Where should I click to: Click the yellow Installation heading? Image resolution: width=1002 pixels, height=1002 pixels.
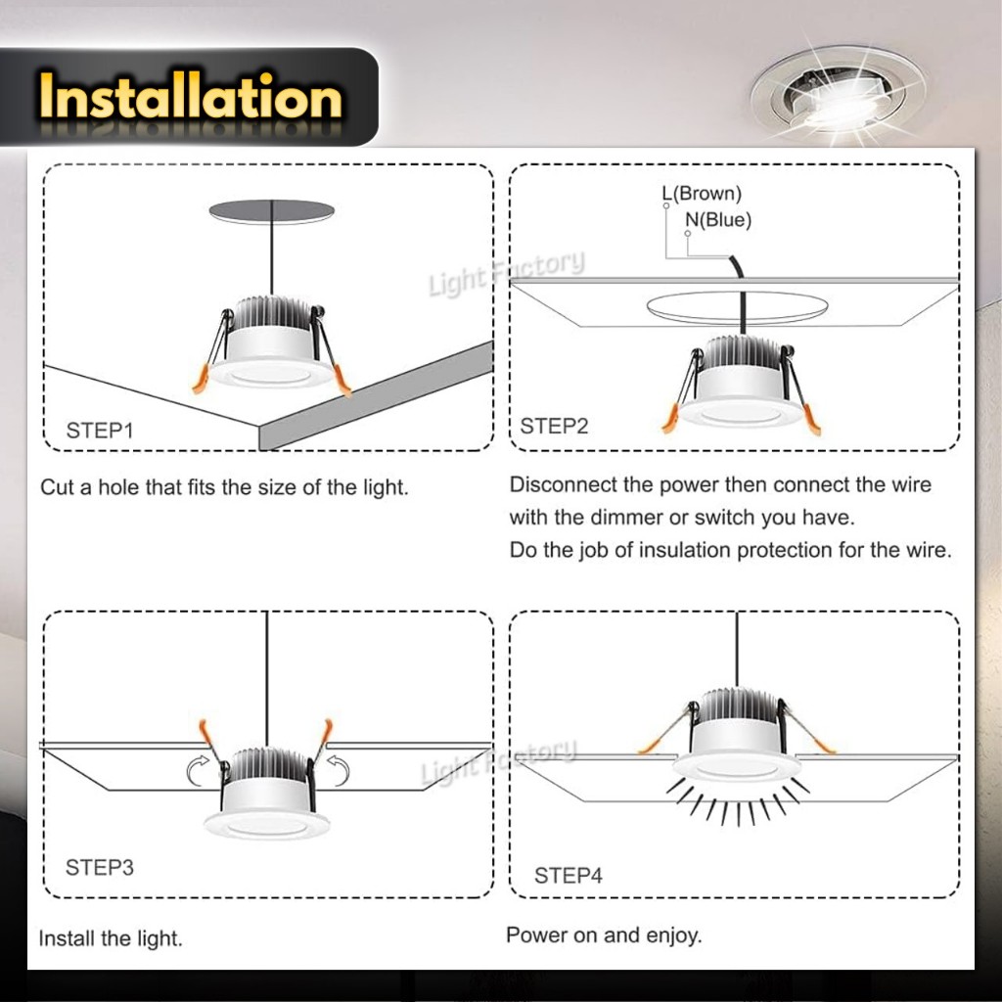(x=191, y=97)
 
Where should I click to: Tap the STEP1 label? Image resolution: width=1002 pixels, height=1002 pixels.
(x=100, y=431)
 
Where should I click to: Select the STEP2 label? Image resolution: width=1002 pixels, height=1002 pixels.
(x=554, y=426)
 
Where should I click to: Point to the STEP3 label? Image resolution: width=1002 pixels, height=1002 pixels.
(x=100, y=867)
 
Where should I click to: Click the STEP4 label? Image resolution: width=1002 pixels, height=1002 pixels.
(x=569, y=875)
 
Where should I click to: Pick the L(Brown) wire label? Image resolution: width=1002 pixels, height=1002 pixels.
(x=702, y=193)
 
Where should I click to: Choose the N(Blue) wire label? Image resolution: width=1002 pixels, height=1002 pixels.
(x=718, y=220)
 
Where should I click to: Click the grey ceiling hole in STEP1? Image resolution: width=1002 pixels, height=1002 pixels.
(x=272, y=211)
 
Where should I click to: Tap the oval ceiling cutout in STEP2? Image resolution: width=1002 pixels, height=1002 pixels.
(x=738, y=305)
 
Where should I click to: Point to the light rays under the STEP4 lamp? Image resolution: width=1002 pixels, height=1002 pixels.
(x=738, y=802)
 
